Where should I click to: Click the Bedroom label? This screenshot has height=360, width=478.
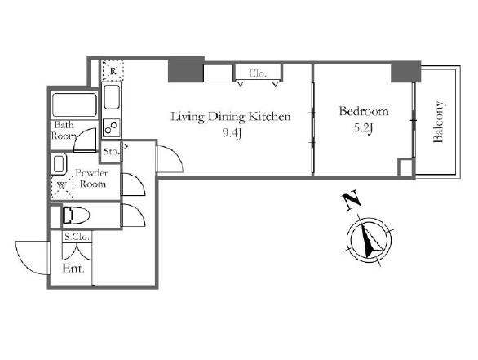pos(364,111)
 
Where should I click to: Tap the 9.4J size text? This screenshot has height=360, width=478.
pos(232,133)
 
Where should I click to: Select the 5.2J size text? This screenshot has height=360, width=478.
pos(363,128)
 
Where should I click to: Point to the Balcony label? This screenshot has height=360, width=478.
pos(438,122)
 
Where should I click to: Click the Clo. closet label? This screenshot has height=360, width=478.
pos(258,73)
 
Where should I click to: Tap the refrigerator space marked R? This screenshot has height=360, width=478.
pos(113,70)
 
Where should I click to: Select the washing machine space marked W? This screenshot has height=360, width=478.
pos(62,187)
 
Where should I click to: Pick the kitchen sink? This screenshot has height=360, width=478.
pos(111,97)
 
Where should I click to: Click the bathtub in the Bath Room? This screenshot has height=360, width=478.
pos(75,104)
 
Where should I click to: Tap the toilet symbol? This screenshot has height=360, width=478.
pos(76,216)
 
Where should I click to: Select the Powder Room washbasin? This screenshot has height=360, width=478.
pos(60,164)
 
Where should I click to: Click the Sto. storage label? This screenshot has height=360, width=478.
pos(111,151)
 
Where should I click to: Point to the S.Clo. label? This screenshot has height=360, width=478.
pos(77,237)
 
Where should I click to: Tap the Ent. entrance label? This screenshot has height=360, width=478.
pos(73,269)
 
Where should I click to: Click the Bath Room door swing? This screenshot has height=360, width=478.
pos(85,140)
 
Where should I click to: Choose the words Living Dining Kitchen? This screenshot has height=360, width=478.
pos(231,117)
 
